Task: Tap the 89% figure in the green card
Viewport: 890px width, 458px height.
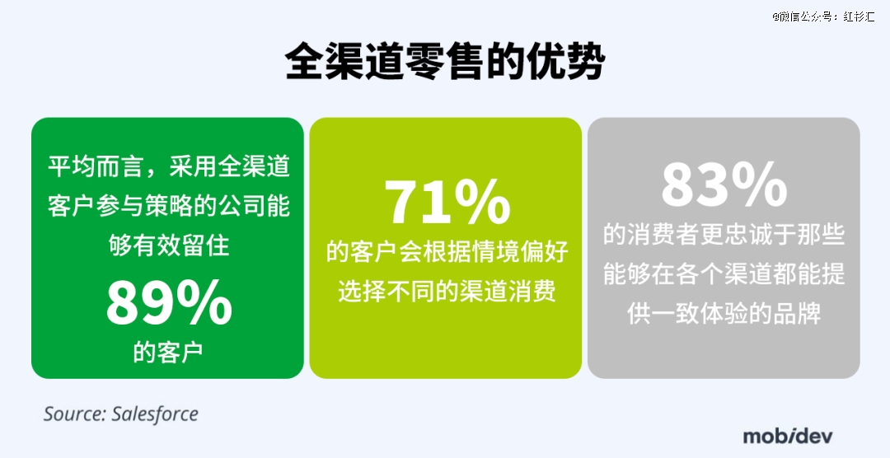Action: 169,305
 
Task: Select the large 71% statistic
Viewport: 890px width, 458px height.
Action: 447,203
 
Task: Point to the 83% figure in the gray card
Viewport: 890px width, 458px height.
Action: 724,185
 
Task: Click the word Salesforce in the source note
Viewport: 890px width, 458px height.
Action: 155,414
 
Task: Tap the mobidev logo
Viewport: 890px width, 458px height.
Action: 788,435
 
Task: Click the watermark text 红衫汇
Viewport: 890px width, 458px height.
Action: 859,16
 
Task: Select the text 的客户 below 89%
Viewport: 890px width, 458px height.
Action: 169,352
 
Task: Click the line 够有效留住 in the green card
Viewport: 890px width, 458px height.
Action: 169,245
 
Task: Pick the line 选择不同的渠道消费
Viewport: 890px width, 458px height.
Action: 447,291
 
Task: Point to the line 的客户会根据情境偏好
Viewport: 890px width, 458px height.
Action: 447,251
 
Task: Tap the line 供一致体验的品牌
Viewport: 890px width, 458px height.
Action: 724,313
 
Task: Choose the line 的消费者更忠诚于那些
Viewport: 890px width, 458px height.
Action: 724,235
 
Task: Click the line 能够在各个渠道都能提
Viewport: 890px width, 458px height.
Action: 724,273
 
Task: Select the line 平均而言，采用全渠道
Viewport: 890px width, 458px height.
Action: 169,167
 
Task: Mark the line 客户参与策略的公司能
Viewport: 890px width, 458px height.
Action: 169,207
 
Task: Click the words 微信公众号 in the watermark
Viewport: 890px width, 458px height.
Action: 807,16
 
